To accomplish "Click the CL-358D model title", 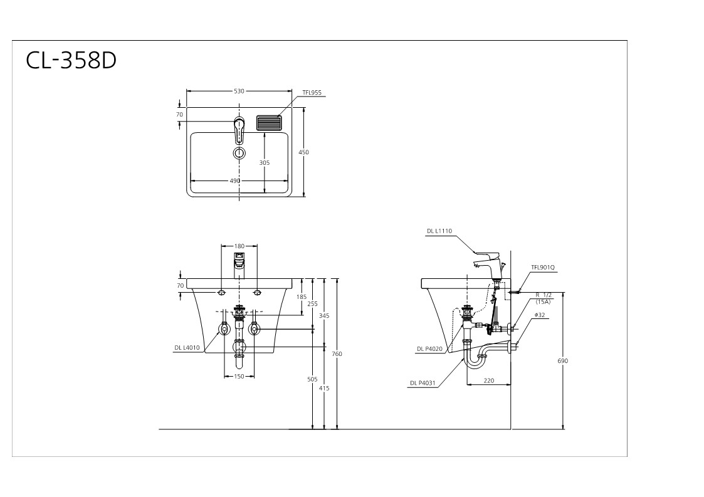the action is pos(71,60).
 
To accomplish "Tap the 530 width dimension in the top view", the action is pos(239,91).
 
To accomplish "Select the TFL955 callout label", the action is pos(312,93).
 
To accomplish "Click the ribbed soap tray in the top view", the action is pos(269,123).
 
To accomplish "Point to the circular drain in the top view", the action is pos(239,153).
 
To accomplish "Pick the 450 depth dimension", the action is pos(303,152).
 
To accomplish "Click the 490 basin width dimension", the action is pos(235,181).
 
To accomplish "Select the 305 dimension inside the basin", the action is pos(265,163).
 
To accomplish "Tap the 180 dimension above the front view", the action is pos(239,246).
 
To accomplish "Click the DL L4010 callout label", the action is pos(187,347).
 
